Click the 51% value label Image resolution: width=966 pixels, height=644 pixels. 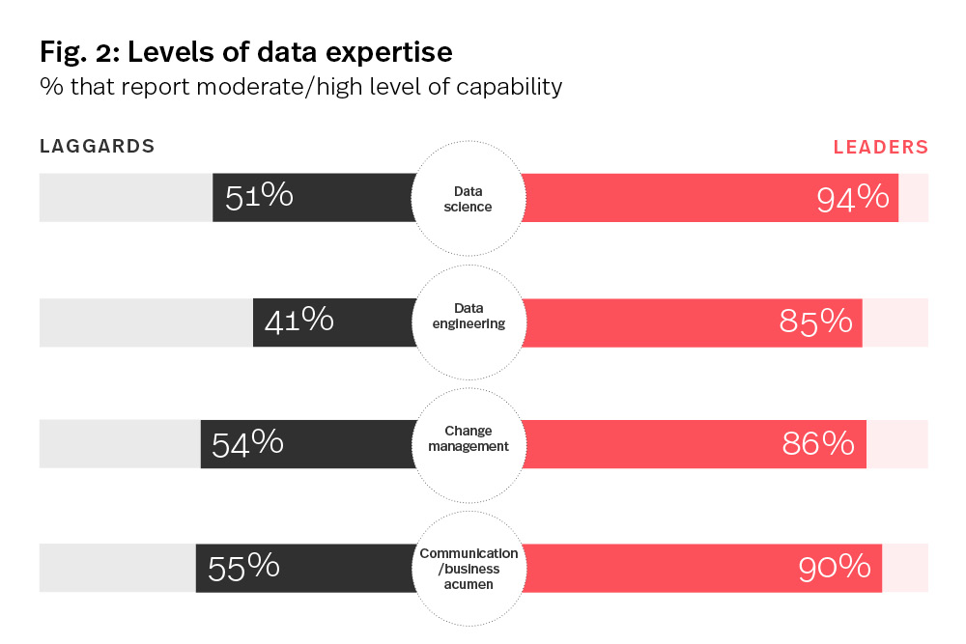[259, 197]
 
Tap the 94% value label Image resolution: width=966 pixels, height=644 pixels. [852, 198]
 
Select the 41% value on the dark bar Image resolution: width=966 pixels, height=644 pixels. [298, 321]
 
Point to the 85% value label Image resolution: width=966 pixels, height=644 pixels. [815, 322]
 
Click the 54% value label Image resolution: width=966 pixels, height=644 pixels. [247, 443]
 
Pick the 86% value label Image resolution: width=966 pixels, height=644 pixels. [818, 444]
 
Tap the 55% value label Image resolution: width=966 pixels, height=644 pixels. [243, 568]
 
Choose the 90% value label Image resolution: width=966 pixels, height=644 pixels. [835, 568]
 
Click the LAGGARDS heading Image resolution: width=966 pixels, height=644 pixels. [98, 147]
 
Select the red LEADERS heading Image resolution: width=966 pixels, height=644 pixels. [880, 148]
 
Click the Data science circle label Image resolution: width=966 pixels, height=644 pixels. [469, 199]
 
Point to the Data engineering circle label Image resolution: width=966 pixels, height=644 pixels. [469, 316]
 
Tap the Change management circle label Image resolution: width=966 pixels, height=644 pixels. [469, 438]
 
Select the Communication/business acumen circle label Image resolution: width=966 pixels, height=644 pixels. [469, 569]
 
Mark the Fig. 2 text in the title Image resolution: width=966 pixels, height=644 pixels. [73, 52]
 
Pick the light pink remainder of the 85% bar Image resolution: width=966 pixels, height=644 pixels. [895, 322]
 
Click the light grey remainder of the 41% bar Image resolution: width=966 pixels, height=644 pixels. [145, 322]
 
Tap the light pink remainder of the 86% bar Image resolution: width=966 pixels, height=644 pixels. [897, 444]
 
